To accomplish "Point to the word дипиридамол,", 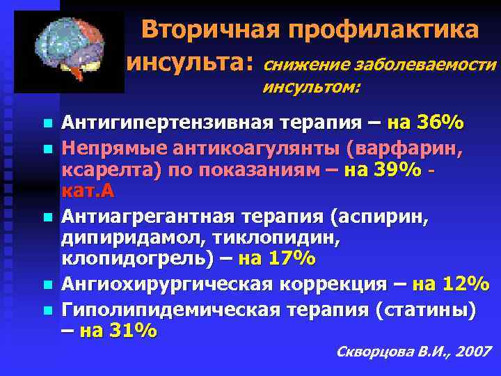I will [x=128, y=238].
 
